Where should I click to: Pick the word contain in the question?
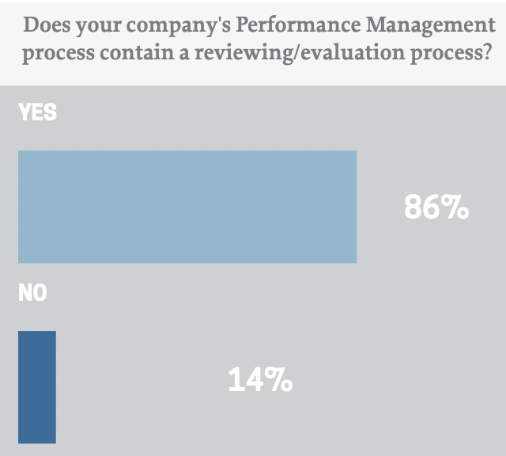[x=126, y=55]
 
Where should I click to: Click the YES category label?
[x=37, y=112]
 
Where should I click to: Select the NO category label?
[x=32, y=294]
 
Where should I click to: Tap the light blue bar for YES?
[x=187, y=206]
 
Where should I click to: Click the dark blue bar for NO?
[x=37, y=386]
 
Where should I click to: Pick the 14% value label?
[x=260, y=381]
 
